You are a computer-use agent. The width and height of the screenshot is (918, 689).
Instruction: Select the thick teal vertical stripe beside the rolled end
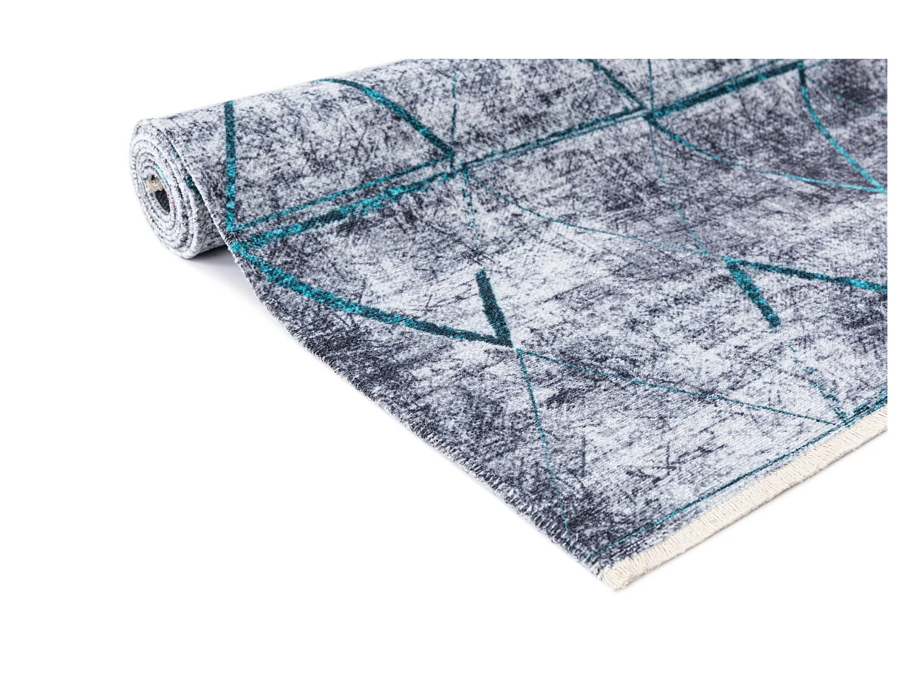click(229, 165)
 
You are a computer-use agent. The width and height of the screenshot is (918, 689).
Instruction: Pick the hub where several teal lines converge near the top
click(649, 113)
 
